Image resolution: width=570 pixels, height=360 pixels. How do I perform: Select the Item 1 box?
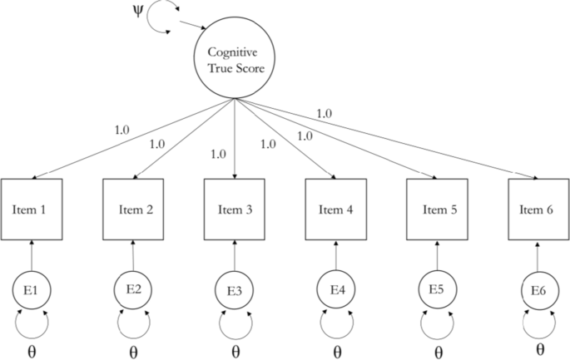(x=32, y=209)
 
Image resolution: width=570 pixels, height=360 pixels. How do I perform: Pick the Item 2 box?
(x=133, y=209)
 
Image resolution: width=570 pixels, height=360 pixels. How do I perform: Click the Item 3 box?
(x=235, y=209)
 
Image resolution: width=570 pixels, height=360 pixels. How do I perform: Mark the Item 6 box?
(x=538, y=209)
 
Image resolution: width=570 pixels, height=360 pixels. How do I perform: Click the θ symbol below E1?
(x=32, y=350)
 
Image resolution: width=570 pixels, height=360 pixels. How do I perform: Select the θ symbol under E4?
(x=337, y=350)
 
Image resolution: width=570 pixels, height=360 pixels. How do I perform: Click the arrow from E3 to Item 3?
(x=235, y=256)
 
